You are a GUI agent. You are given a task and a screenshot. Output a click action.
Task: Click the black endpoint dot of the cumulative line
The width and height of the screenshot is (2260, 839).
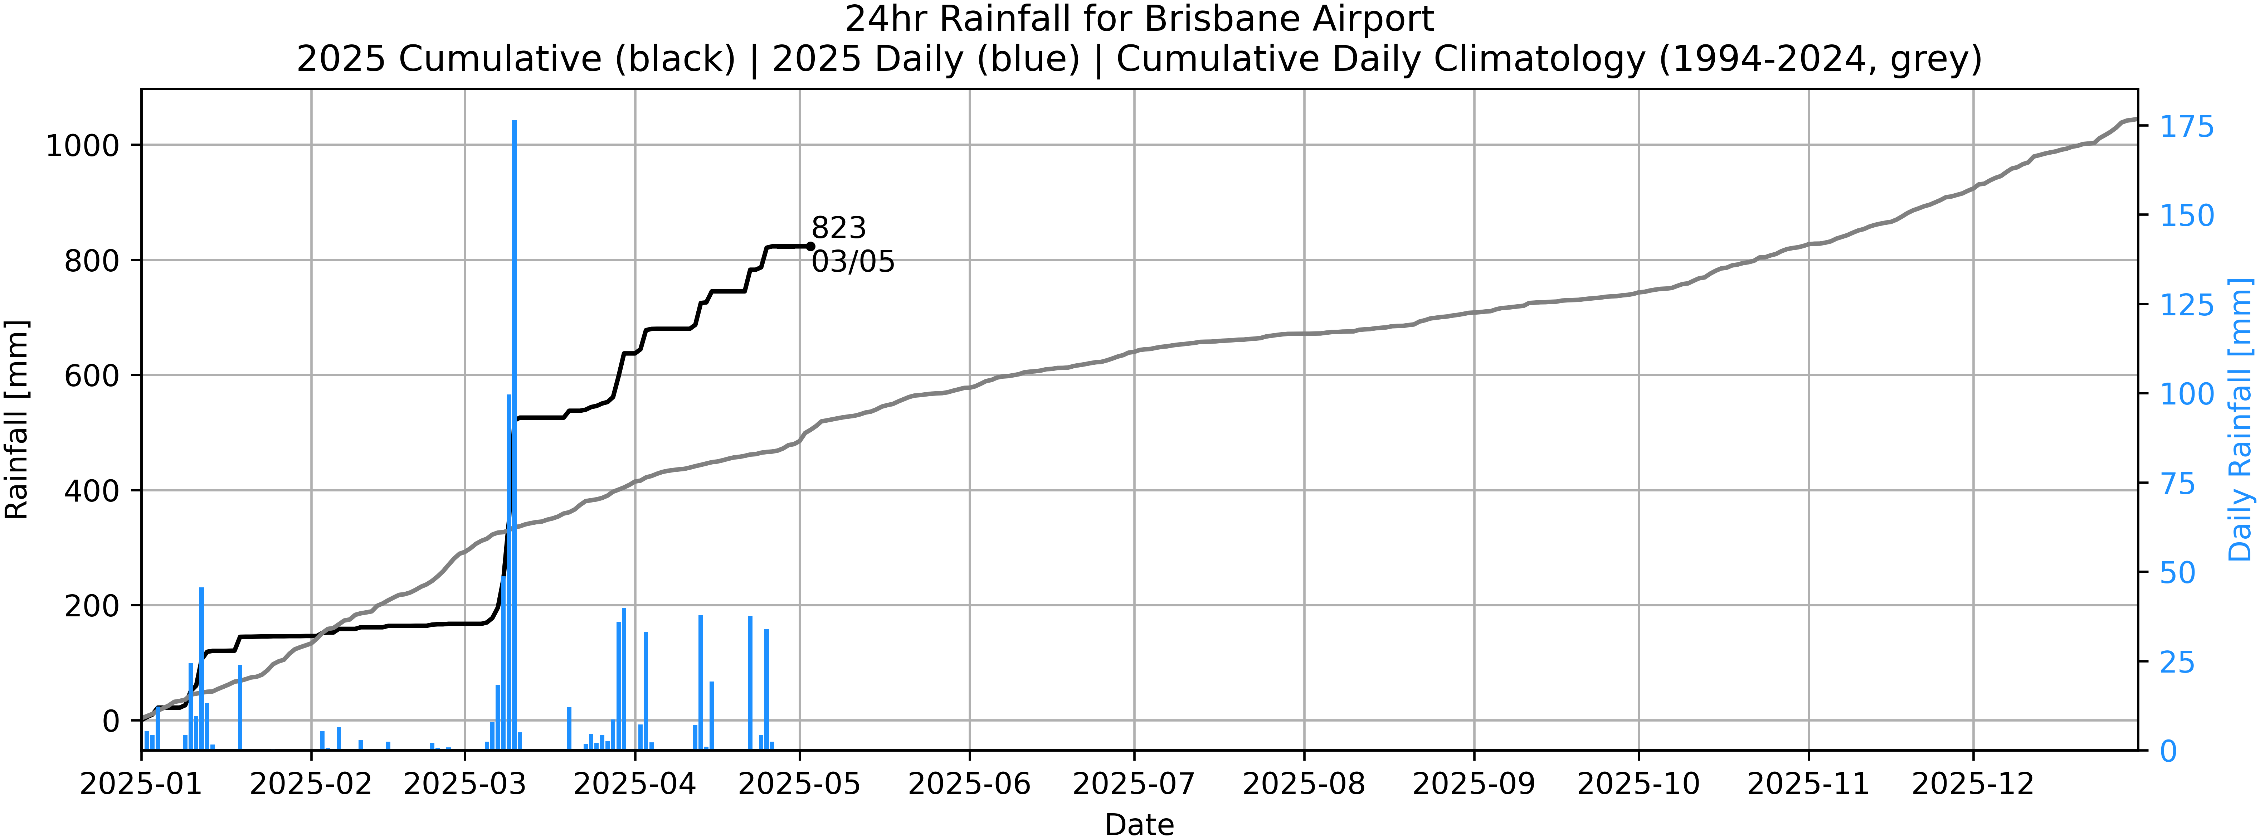click(810, 247)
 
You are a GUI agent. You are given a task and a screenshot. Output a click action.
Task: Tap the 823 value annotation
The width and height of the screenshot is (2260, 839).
click(838, 228)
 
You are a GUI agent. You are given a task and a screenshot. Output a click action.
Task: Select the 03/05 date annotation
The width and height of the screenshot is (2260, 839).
click(853, 262)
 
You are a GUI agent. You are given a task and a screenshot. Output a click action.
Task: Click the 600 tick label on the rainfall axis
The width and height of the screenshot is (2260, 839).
click(91, 375)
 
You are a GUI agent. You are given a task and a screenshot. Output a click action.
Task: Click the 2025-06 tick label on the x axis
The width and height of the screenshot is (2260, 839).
click(969, 784)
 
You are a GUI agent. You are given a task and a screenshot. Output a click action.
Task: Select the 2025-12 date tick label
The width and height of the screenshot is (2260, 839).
click(1973, 784)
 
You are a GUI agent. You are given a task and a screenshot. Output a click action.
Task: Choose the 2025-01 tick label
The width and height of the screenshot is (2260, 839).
click(141, 784)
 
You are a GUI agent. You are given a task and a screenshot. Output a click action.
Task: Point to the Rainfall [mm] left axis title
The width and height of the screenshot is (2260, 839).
click(17, 419)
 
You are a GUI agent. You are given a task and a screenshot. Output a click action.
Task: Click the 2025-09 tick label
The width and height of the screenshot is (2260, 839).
click(1474, 784)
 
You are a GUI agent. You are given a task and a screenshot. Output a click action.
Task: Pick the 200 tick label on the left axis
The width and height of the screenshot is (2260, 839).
click(91, 606)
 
